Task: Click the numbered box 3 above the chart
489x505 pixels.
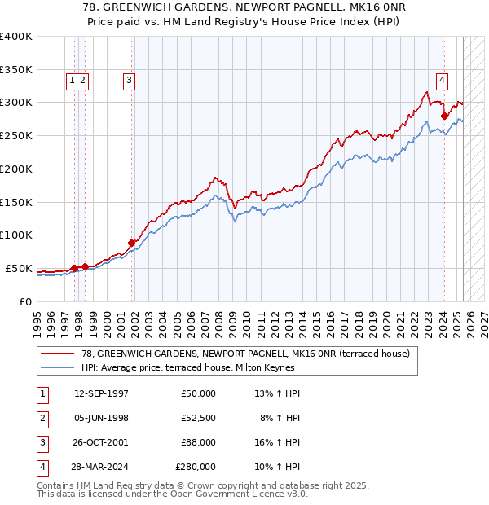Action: [x=130, y=80]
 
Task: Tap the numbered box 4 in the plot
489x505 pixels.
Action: [x=442, y=80]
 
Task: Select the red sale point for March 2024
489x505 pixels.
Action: [x=444, y=116]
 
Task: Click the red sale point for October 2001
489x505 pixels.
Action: [x=131, y=243]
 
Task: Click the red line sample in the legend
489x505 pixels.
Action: [x=59, y=353]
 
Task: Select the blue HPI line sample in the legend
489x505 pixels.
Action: [x=59, y=367]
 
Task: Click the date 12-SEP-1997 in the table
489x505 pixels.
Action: [x=101, y=393]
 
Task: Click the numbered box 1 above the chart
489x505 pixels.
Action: [x=73, y=80]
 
